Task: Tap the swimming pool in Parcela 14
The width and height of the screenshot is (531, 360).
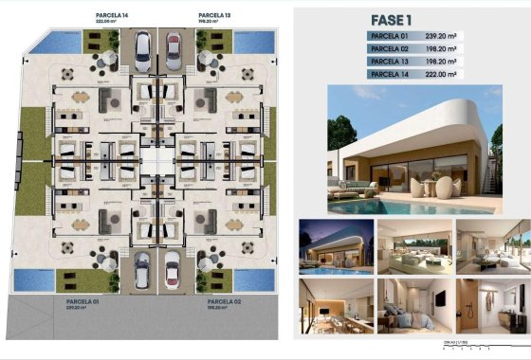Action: (x=61, y=41)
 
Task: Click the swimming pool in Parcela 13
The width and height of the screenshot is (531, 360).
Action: (x=252, y=42)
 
